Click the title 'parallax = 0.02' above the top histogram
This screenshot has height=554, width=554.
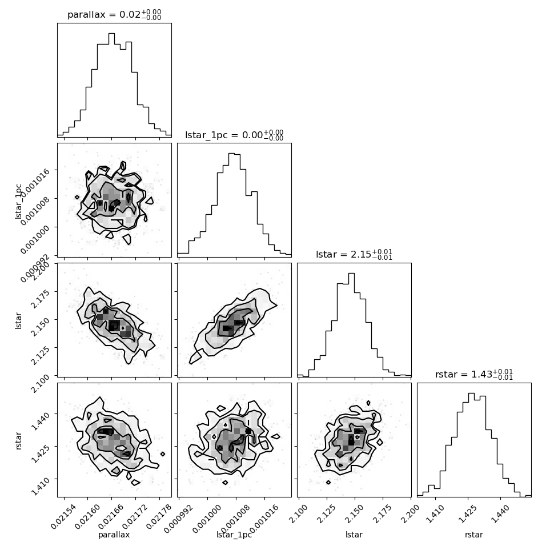pos(114,15)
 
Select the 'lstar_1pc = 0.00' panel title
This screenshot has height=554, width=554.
pos(234,135)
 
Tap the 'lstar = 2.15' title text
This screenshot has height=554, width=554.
pos(354,255)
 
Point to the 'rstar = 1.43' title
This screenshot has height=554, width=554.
pos(474,375)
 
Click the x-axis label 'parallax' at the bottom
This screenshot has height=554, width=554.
pos(114,535)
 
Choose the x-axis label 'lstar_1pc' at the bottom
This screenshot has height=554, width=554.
pos(234,535)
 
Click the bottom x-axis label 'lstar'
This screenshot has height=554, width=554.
pos(354,535)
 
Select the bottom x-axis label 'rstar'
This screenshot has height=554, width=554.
pos(474,535)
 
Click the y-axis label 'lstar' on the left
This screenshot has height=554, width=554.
pos(19,320)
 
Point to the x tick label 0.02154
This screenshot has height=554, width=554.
pos(58,516)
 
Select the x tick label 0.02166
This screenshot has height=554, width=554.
pos(106,516)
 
